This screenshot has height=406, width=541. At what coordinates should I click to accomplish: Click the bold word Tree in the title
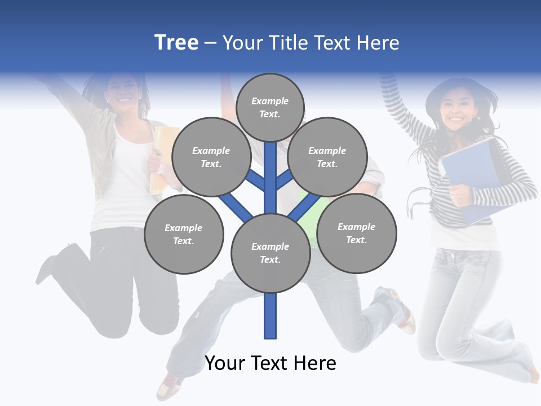[x=176, y=42]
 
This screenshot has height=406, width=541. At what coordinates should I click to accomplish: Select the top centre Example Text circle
[x=270, y=107]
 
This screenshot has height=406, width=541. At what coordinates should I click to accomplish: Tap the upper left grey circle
[x=211, y=157]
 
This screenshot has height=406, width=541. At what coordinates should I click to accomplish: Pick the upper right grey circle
[x=327, y=157]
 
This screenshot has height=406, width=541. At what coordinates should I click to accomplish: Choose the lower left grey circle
[x=184, y=234]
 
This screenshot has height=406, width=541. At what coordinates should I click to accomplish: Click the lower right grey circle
[x=356, y=233]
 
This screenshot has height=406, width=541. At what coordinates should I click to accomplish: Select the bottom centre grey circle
[x=270, y=253]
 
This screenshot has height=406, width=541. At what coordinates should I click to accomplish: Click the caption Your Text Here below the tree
[x=270, y=363]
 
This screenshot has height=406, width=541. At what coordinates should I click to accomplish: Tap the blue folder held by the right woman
[x=471, y=175]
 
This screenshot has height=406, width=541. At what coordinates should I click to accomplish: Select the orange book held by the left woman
[x=160, y=158]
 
